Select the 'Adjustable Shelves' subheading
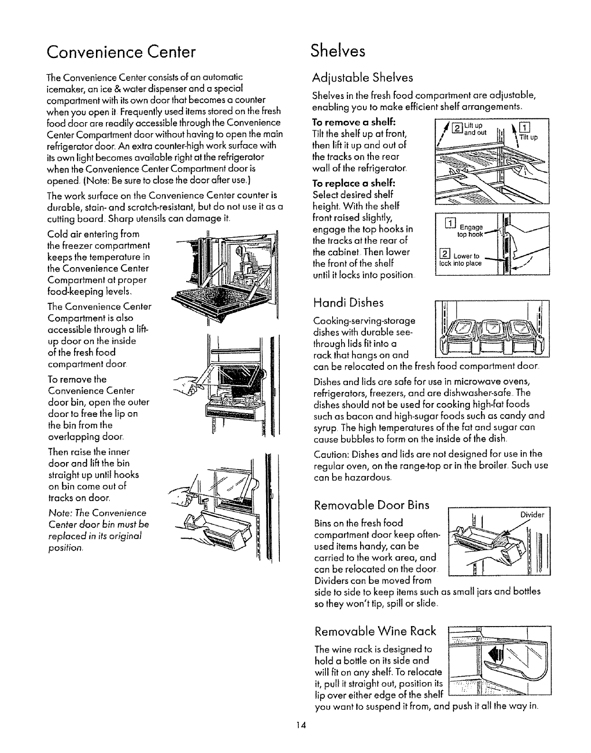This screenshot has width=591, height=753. [x=362, y=77]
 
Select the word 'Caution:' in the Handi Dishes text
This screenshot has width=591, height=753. [x=329, y=454]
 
